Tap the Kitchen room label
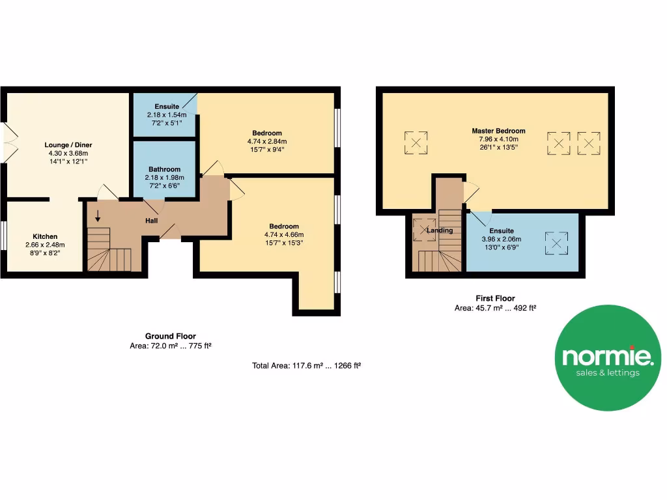46,236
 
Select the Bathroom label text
164,169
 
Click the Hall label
151,221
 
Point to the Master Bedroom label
498,131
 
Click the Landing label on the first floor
440,230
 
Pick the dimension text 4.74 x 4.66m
284,234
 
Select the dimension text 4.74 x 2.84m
267,141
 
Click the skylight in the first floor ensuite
556,244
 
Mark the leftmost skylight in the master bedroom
416,143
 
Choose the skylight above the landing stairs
425,229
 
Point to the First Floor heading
494,299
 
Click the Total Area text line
306,366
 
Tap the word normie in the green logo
607,356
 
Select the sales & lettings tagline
607,373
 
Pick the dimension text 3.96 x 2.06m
502,239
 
